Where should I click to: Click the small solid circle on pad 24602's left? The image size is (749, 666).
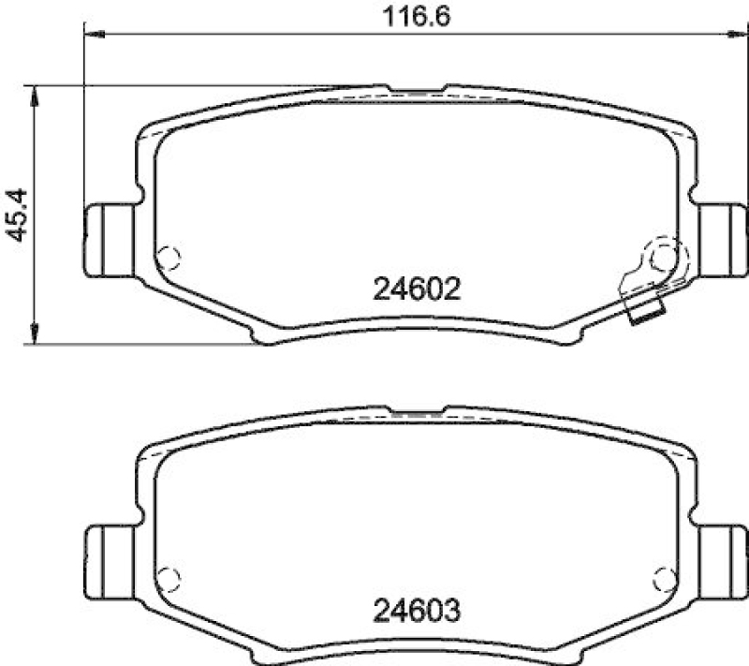169,256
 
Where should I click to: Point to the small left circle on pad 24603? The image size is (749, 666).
169,576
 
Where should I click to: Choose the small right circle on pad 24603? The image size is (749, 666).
665,576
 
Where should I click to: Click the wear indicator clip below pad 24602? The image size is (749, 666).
646,315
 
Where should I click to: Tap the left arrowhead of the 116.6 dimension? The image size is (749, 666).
92,34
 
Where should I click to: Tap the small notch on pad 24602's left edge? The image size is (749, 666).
140,196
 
